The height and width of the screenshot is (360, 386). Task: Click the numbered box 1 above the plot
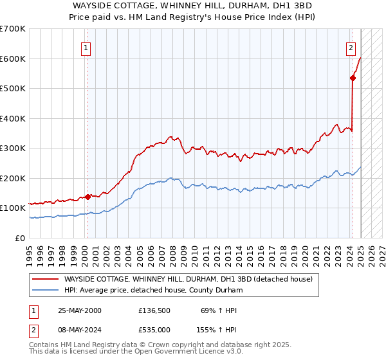pyautogui.click(x=86, y=47)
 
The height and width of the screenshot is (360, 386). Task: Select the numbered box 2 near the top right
pyautogui.click(x=351, y=47)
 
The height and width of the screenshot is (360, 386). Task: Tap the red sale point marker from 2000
pyautogui.click(x=88, y=197)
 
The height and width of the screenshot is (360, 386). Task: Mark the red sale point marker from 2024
pyautogui.click(x=353, y=78)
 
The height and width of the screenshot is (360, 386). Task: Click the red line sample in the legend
pyautogui.click(x=45, y=279)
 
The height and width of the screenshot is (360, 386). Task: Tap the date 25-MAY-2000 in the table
pyautogui.click(x=80, y=310)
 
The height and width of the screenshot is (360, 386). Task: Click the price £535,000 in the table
pyautogui.click(x=154, y=329)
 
